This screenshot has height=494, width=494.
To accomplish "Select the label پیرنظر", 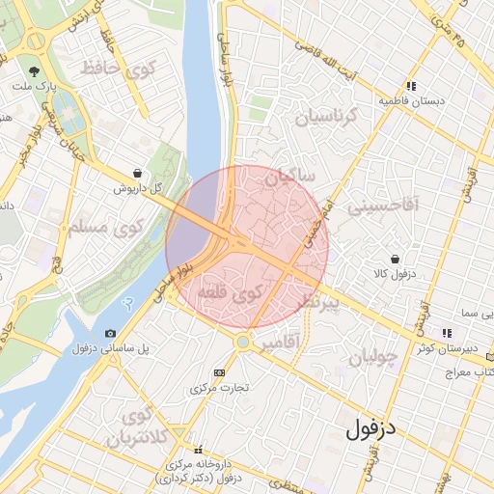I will click(x=317, y=303).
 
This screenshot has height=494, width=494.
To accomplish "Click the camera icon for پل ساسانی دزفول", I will click(x=110, y=333).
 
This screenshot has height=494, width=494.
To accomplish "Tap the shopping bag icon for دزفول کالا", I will click(x=396, y=259).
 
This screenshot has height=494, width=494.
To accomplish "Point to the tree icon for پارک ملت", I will click(x=35, y=71).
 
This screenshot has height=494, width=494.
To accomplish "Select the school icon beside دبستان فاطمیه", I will click(x=411, y=86).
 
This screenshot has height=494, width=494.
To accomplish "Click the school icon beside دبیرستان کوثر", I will click(x=446, y=333).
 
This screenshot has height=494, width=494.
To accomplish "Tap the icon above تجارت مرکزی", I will click(x=219, y=372).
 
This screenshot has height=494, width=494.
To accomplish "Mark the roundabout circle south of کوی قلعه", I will click(x=243, y=343).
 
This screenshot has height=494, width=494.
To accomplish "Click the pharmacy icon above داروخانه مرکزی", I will click(x=199, y=450).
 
